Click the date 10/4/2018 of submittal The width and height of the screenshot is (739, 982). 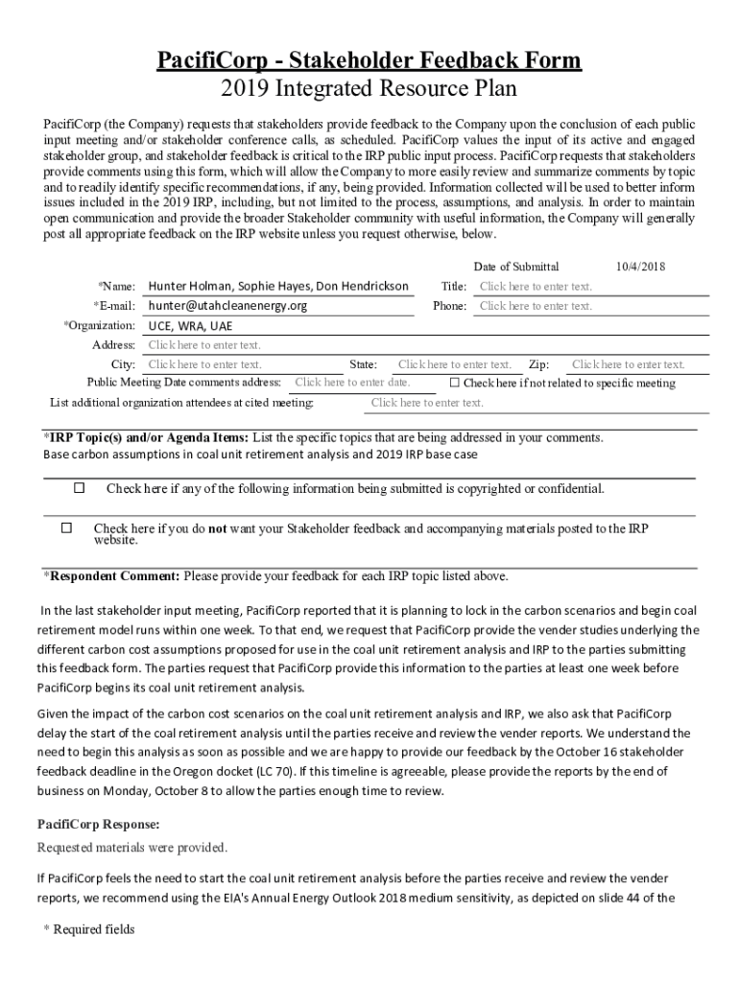(x=639, y=267)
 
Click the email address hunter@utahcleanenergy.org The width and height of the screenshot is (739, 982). (x=227, y=306)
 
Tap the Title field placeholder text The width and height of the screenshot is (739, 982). (x=536, y=287)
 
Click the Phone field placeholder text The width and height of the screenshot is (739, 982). (x=536, y=306)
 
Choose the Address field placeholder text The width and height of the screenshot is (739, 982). (x=204, y=345)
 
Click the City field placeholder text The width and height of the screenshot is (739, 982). (x=204, y=364)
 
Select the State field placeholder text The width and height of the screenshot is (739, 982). (x=455, y=364)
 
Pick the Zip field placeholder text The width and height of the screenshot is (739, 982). (x=629, y=364)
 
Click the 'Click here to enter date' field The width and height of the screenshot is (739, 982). (x=352, y=383)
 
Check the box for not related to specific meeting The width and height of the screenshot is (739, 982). (x=455, y=383)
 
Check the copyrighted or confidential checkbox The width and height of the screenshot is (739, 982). (x=80, y=488)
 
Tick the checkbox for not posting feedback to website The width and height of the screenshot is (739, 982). (x=66, y=527)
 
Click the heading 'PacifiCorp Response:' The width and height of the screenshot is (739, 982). (x=98, y=824)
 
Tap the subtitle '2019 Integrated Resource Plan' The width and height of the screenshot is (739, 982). (x=369, y=90)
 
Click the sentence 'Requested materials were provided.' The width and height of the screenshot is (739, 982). (x=132, y=847)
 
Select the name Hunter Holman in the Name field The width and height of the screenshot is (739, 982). (x=190, y=287)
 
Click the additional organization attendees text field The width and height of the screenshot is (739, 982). (x=427, y=403)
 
